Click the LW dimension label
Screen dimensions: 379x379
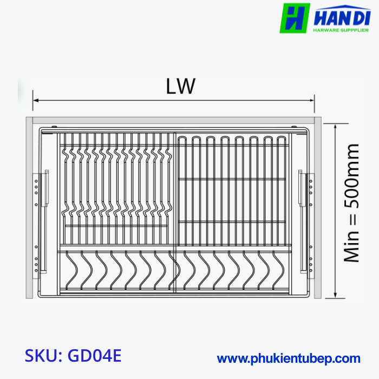click(x=180, y=87)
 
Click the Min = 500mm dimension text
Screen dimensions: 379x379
click(x=352, y=203)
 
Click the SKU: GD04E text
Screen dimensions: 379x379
click(x=73, y=356)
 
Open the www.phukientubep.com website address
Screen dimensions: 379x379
click(x=288, y=358)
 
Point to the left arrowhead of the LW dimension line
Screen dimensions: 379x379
click(x=36, y=100)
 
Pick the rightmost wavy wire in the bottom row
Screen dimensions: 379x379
click(x=279, y=265)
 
